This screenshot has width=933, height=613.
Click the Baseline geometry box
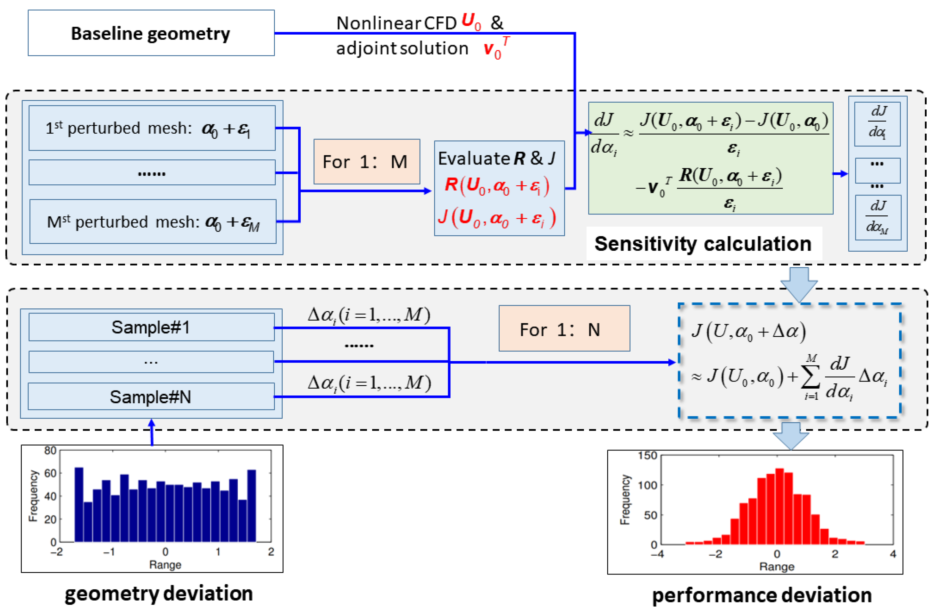pyautogui.click(x=151, y=33)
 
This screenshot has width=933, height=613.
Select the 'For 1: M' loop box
pyautogui.click(x=367, y=162)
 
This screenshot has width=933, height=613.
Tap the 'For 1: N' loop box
pyautogui.click(x=564, y=329)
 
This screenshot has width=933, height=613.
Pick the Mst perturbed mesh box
pyautogui.click(x=153, y=222)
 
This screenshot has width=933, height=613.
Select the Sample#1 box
pyautogui.click(x=151, y=327)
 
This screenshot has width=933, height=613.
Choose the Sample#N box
pyautogui.click(x=151, y=397)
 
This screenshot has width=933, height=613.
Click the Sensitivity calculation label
pyautogui.click(x=703, y=244)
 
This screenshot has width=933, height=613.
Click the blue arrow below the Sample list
pyautogui.click(x=152, y=432)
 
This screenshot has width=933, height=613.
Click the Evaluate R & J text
pyautogui.click(x=496, y=158)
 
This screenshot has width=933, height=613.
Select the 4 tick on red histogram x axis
pyautogui.click(x=893, y=554)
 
